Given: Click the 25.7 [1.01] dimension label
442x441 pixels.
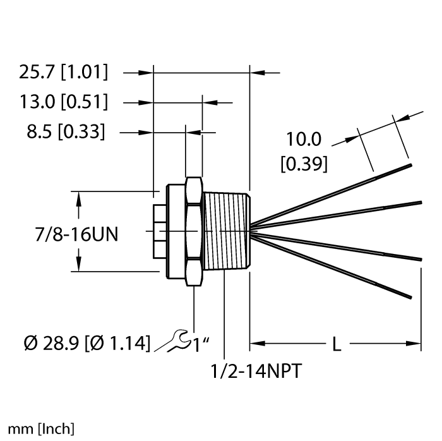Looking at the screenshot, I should click(63, 73).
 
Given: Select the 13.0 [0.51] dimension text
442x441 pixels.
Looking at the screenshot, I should click(63, 102).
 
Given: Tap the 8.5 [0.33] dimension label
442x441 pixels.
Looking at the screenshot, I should click(65, 132).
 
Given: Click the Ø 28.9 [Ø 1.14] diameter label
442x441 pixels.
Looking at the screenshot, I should click(87, 344).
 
